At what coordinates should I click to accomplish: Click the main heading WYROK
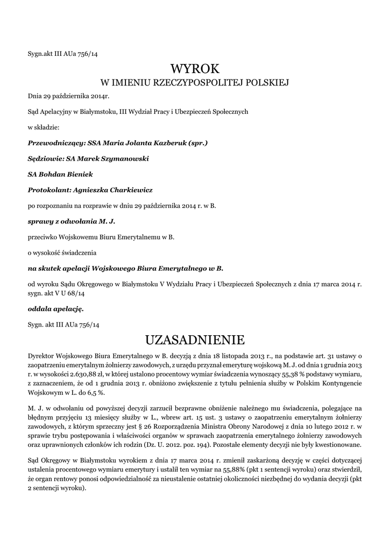point(195,69)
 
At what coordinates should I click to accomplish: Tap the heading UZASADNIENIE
point(195,340)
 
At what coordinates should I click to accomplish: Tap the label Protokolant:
point(48,190)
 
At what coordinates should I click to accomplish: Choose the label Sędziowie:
point(45,159)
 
